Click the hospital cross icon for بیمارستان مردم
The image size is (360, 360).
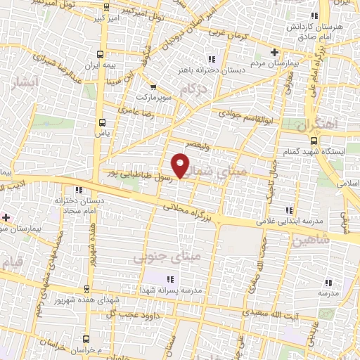pos(275,51)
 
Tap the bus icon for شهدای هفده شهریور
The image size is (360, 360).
pos(87,288)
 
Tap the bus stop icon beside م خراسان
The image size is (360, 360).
pos(86,338)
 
